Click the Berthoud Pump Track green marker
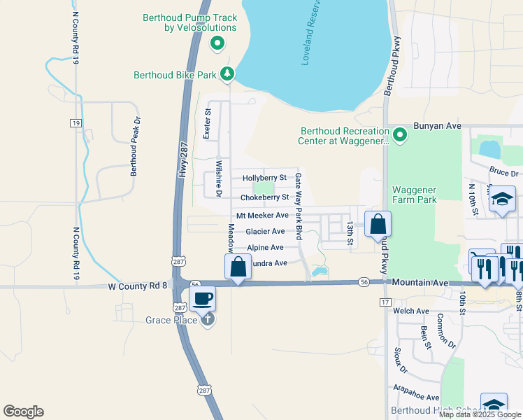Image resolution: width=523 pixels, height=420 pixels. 217,44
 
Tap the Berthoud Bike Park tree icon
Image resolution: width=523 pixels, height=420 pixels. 227,73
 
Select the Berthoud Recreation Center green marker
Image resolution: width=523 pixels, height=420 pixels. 399,134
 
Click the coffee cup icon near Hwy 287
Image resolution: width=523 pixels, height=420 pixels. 202,299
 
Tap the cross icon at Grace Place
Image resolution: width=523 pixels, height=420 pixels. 207,320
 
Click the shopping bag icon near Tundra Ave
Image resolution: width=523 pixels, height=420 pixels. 238,267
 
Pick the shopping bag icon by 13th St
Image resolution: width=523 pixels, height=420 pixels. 378,225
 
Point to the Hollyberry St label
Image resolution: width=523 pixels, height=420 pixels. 264,178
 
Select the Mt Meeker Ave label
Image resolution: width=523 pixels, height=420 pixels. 262,216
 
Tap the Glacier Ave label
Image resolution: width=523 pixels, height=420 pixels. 265,232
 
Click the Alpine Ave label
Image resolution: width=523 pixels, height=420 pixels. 265,248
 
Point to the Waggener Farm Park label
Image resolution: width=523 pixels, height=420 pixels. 415,195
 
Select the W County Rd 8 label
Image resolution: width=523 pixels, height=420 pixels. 138,286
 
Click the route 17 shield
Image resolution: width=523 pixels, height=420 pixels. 385,302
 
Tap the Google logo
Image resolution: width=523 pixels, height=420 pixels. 23,412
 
